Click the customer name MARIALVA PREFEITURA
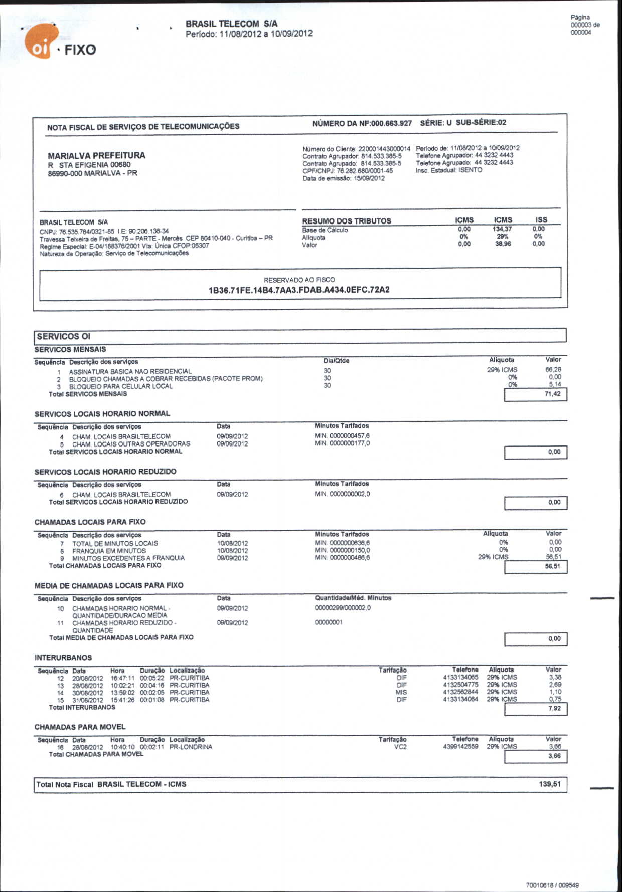pyautogui.click(x=96, y=156)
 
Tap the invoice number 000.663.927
pyautogui.click(x=391, y=123)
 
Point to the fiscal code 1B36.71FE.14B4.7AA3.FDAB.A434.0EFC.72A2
pyautogui.click(x=299, y=290)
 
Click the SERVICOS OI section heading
pyautogui.click(x=63, y=336)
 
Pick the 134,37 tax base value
pyautogui.click(x=502, y=229)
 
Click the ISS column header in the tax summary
pyautogui.click(x=541, y=220)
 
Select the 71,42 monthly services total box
pyautogui.click(x=535, y=394)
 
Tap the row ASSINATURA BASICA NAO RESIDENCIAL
pyautogui.click(x=130, y=372)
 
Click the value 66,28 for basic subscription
pyautogui.click(x=553, y=370)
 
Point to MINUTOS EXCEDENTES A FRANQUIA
pyautogui.click(x=128, y=558)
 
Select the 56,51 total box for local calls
pyautogui.click(x=535, y=567)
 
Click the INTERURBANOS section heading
pyautogui.click(x=63, y=658)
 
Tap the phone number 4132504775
pyautogui.click(x=460, y=685)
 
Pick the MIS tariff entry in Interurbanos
pyautogui.click(x=401, y=692)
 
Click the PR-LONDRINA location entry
pyautogui.click(x=191, y=747)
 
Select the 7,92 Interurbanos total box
pyautogui.click(x=535, y=709)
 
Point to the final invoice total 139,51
pyautogui.click(x=550, y=784)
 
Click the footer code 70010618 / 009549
pyautogui.click(x=552, y=885)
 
